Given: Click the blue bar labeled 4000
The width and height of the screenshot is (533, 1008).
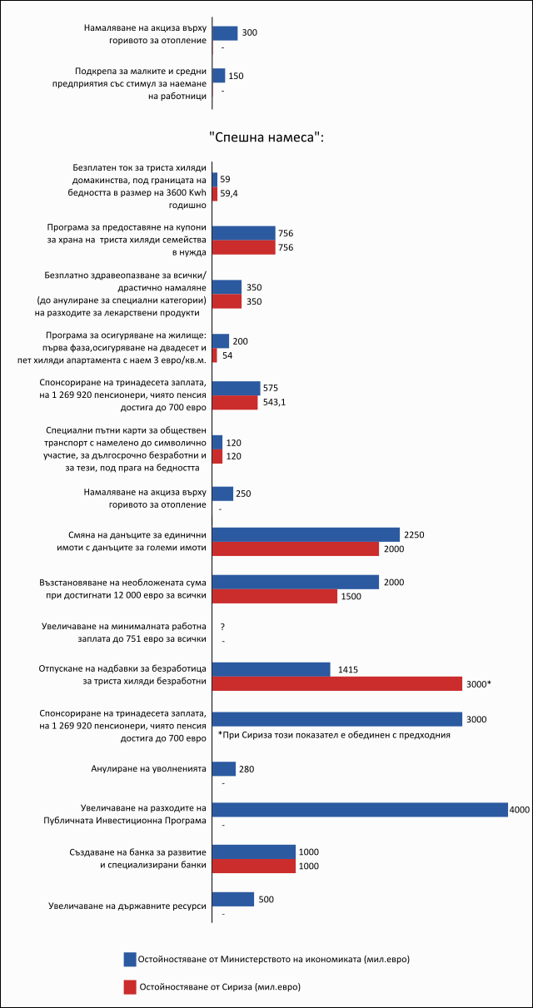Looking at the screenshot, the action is pos(360,810).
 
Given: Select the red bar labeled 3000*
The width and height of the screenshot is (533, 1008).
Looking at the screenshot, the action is pos(337,683).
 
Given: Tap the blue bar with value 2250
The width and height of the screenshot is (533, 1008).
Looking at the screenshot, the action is pos(306,534).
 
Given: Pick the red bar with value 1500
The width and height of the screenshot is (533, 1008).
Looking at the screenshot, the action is pos(275,596).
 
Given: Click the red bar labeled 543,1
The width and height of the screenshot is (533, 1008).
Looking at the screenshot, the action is pos(235,402).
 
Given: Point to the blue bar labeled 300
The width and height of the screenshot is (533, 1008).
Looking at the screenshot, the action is pos(225,33).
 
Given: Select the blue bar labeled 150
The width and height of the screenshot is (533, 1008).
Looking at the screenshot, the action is pos(219,76).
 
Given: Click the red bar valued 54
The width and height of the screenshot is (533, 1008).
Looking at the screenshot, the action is pos(215,355).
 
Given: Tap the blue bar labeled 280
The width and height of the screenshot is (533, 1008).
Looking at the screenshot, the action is pos(224,768).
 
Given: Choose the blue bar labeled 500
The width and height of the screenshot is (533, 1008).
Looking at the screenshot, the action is pos(233,899).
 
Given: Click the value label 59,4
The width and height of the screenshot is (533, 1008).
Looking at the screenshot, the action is pos(229,193).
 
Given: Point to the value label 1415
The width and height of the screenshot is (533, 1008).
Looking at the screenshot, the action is pos(348,669).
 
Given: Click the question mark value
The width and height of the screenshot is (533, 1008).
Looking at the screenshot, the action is pos(222,627).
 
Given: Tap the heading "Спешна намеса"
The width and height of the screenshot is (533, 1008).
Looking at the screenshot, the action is pos(266,137).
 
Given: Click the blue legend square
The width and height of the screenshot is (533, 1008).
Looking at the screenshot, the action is pos(130,959).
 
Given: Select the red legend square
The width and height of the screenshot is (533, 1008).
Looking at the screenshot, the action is pos(130,987).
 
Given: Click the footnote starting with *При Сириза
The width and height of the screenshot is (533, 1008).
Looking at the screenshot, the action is pos(334,735).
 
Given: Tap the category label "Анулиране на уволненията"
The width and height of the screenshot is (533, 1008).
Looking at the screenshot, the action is pos(148,768).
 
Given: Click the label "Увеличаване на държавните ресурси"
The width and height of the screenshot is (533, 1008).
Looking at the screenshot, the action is pos(127,906).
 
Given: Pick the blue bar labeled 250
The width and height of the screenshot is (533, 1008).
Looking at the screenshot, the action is pos(223,494).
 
